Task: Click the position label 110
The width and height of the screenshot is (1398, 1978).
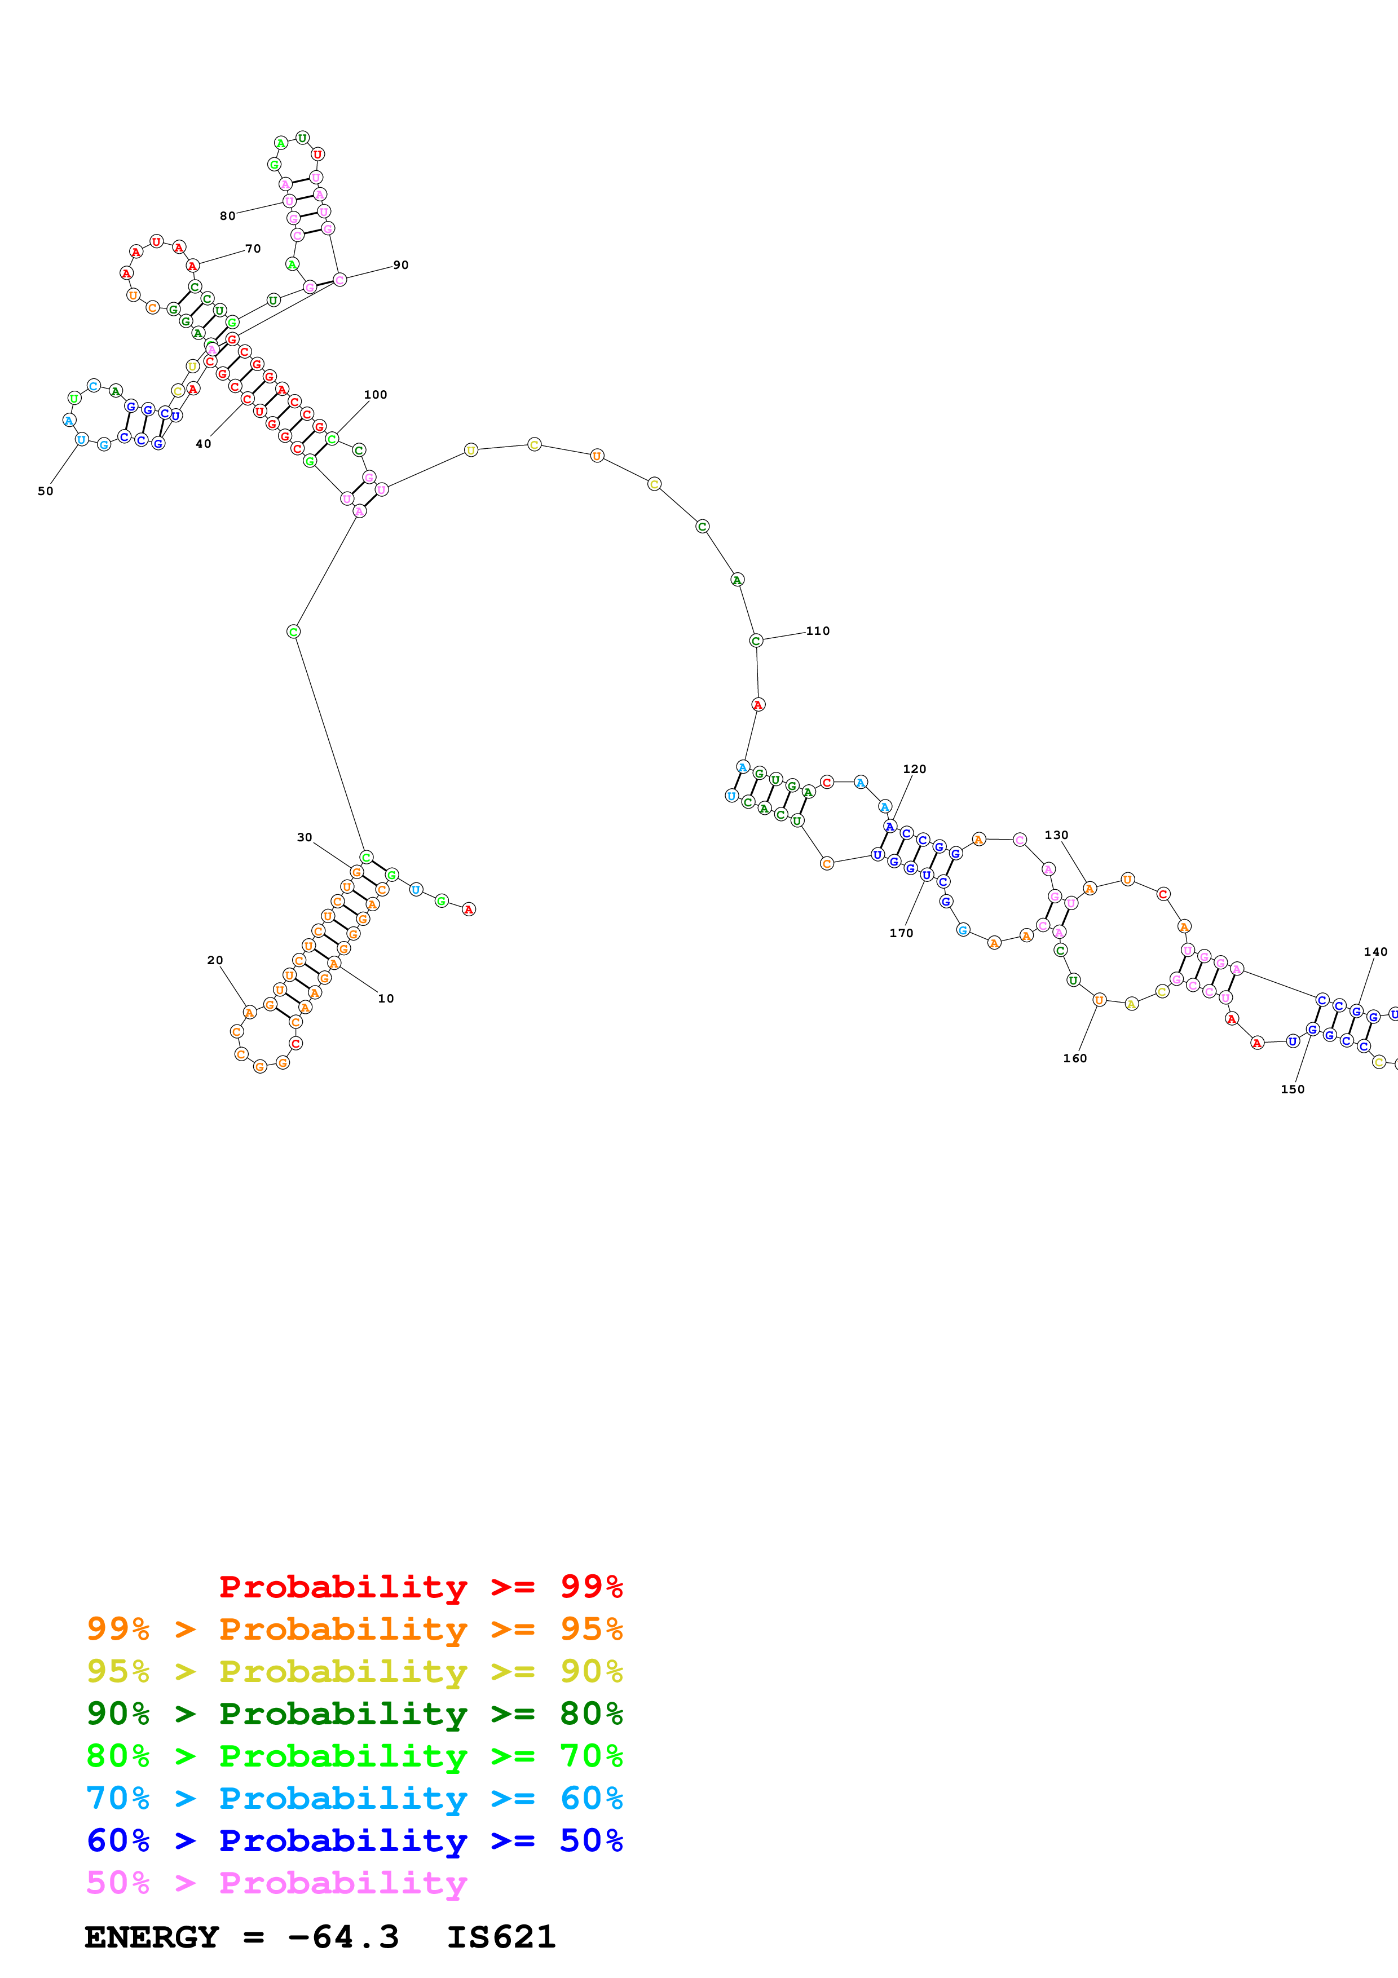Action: coord(818,630)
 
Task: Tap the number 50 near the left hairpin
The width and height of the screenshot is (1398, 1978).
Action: coord(46,491)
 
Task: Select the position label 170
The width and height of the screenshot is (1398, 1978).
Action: coord(901,933)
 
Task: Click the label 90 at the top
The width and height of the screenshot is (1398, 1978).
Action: coord(400,264)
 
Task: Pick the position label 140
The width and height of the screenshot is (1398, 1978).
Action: coord(1375,952)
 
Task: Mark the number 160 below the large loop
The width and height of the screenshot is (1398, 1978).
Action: coord(1074,1058)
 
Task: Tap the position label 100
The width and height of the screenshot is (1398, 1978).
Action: coord(376,395)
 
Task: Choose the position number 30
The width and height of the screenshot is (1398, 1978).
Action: coord(304,837)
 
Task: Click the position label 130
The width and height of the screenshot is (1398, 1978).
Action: coord(1056,835)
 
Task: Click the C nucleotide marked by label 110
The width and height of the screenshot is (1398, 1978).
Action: coord(756,640)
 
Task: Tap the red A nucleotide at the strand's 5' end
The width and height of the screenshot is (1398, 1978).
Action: coord(469,909)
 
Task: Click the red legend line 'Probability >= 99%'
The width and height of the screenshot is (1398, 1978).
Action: coord(420,1586)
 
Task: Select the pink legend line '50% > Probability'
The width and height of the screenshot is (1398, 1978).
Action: coord(276,1882)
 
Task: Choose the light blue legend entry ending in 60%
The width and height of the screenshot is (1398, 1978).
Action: coord(354,1798)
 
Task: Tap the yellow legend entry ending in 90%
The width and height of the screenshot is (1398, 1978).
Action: coord(354,1671)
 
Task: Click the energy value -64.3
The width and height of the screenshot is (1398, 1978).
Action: coord(343,1937)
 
